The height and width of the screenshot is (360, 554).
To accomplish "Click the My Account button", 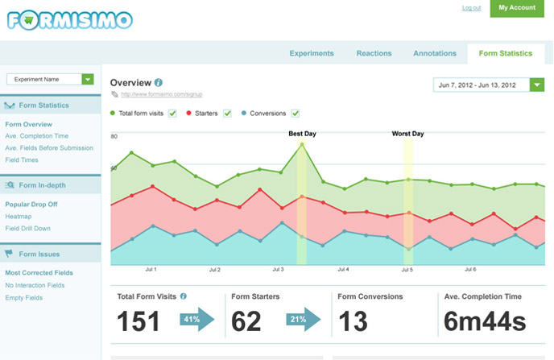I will point(517,8).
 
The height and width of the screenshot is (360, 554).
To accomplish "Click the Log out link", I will point(472,8).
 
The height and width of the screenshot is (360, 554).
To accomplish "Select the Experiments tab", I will point(312,54).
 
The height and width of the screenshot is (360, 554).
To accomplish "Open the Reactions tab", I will point(374,54).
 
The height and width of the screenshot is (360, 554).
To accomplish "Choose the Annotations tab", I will point(435,54).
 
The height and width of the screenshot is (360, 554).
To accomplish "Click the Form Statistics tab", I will point(505,54).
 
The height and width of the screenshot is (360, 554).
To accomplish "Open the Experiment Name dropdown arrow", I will point(88,80).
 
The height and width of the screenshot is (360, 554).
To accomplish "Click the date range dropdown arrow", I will point(537,85).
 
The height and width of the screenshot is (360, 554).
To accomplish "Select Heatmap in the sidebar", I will point(19,217).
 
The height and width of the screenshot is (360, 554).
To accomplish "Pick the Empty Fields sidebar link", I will point(23,297).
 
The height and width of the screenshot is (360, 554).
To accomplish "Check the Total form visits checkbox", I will point(172,114).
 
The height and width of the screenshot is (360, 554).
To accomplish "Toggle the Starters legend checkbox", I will point(227,114).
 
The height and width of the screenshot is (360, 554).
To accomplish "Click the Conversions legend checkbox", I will point(296,114).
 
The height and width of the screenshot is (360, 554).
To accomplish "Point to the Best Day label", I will point(302,134).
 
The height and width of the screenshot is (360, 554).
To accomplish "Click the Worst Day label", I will point(407,134).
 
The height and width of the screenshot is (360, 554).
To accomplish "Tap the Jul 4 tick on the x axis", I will point(343,270).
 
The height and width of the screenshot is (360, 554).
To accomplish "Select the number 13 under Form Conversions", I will point(353,321).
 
